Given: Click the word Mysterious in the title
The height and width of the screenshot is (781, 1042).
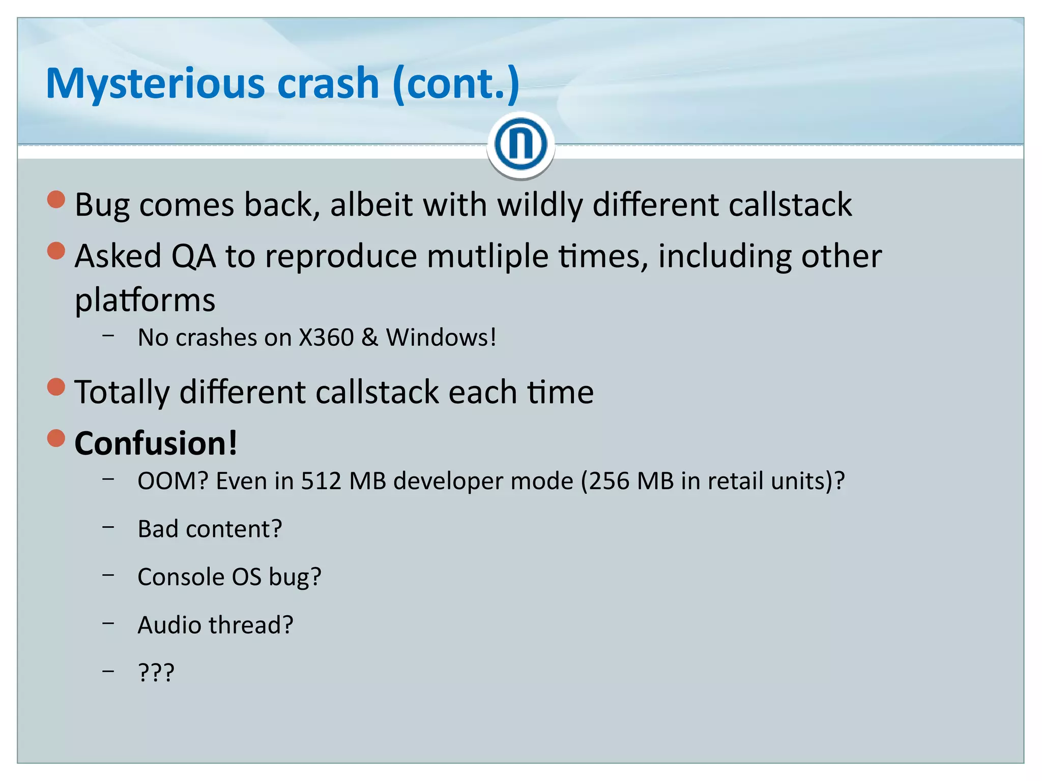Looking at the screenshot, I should click(155, 84).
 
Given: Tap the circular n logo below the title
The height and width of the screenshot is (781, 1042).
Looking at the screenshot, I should click(520, 144).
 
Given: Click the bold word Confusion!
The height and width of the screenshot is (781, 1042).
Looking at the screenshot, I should click(156, 443).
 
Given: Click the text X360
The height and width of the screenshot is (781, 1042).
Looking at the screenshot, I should click(326, 338).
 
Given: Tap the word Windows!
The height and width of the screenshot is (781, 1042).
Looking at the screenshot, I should click(441, 338).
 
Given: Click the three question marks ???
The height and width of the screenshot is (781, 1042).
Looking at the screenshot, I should click(156, 673).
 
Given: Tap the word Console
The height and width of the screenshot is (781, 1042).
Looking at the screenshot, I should click(181, 577).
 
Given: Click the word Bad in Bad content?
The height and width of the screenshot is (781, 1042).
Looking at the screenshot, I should click(158, 529).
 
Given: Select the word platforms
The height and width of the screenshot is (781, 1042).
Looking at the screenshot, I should click(145, 300).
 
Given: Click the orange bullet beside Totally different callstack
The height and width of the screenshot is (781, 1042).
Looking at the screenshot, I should click(56, 387).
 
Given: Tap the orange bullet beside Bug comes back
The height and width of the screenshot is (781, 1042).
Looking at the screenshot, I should click(56, 200).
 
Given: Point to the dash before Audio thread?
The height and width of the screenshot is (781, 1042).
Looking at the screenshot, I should click(108, 623).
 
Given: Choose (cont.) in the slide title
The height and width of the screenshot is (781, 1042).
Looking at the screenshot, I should click(456, 84).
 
